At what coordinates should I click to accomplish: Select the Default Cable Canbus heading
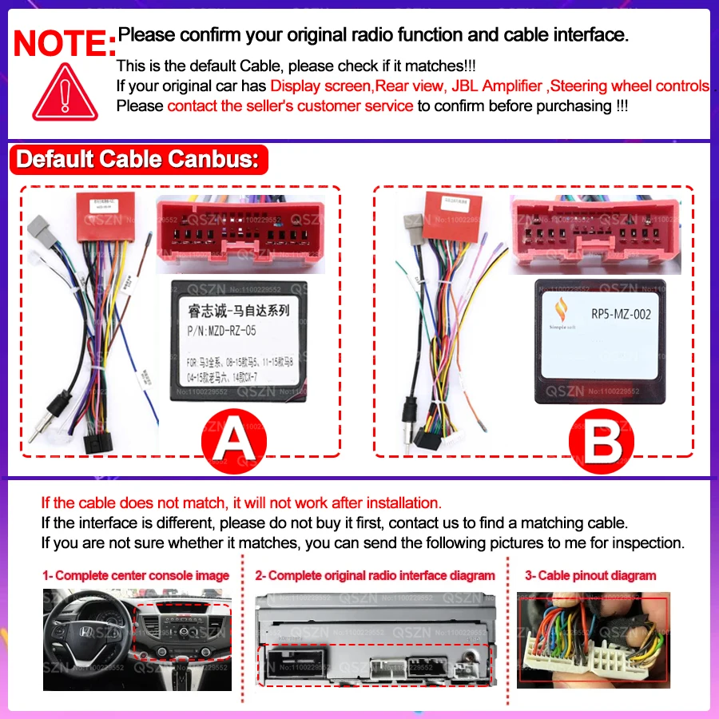137,158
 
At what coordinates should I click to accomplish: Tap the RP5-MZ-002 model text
621,314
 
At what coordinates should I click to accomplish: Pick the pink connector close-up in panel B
595,232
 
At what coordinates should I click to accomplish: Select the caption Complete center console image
136,575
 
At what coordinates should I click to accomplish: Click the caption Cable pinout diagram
590,575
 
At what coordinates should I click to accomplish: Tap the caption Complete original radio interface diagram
375,575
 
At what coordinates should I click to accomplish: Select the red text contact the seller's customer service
290,105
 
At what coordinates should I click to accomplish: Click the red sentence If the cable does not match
240,503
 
